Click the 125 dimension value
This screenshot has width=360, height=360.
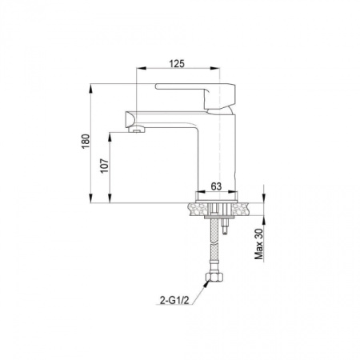tap(177, 64)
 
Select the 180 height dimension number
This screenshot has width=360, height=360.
tap(86, 142)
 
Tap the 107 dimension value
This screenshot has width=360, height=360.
tap(105, 166)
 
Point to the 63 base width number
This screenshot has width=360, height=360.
tap(216, 186)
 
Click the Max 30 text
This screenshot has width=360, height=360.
tap(258, 244)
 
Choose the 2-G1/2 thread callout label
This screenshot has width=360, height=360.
tap(174, 301)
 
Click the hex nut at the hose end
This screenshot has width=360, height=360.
tap(214, 277)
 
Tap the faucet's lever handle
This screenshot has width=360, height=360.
tap(195, 96)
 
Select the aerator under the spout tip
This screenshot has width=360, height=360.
tap(136, 130)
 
